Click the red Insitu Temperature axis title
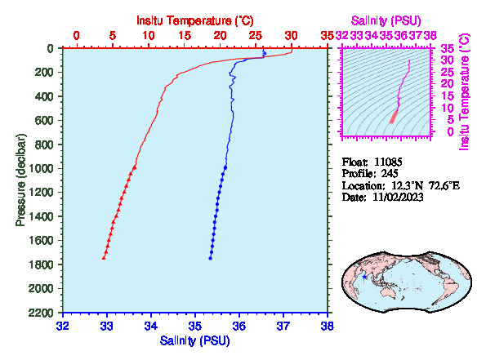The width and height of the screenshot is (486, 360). point(195,20)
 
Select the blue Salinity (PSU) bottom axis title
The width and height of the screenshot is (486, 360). point(195,340)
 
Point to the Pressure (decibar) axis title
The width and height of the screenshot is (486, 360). point(20,180)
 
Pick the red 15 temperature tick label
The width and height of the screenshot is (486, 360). point(185,36)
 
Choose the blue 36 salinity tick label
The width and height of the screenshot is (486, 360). point(239,326)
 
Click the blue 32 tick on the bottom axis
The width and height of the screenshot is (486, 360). point(63,326)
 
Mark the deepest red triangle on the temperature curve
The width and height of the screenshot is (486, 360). point(104,258)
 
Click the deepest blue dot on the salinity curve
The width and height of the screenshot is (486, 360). point(210,258)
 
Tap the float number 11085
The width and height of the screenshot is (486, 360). point(388,162)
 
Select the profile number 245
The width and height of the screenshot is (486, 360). point(390,174)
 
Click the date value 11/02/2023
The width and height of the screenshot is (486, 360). point(398,197)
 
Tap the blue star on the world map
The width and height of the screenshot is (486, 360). point(364,277)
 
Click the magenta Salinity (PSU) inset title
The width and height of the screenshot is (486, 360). point(386,20)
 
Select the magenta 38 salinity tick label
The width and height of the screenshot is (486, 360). point(430,36)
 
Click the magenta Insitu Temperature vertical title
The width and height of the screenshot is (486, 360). point(464,92)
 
